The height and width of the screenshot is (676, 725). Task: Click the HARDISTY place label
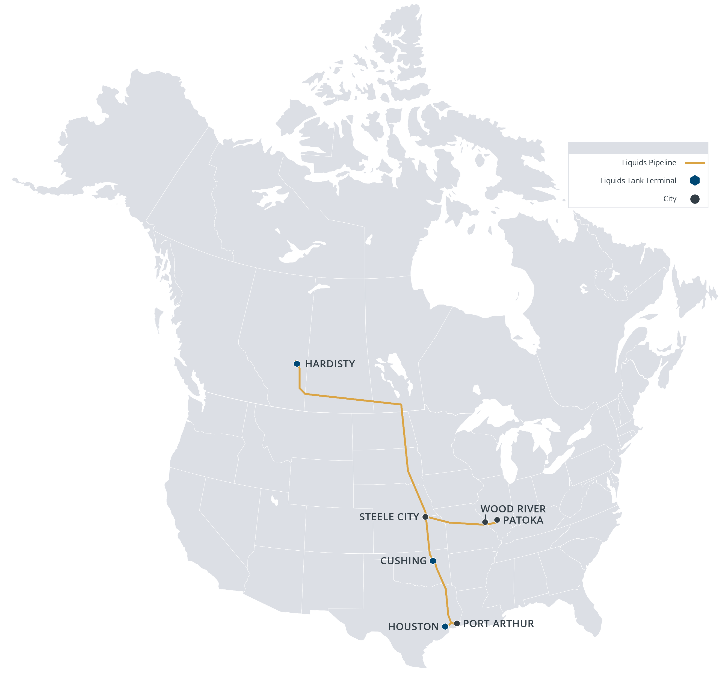(330, 364)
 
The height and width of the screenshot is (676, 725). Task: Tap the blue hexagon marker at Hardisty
(297, 364)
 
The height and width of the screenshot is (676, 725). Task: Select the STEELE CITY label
(389, 517)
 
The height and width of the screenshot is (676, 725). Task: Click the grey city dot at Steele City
(425, 517)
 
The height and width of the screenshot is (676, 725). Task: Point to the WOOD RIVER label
(513, 509)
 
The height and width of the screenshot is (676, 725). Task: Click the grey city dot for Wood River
(485, 522)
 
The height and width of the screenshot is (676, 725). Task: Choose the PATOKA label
(523, 520)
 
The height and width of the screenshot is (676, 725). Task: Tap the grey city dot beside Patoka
(497, 520)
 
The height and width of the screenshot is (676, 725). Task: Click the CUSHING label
(403, 561)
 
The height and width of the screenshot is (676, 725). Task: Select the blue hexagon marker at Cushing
(433, 561)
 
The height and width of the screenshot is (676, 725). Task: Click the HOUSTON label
(413, 627)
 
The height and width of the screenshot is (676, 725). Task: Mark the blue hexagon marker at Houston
(445, 626)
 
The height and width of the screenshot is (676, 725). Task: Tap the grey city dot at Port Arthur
(457, 623)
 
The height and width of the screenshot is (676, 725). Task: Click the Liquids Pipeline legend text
(649, 163)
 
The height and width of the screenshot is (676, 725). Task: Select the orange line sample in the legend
(695, 163)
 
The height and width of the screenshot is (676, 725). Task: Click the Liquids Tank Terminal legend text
(638, 181)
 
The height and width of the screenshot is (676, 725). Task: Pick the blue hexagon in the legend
(695, 180)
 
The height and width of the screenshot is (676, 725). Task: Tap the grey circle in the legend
(695, 199)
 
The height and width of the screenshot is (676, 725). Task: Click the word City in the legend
(670, 199)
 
